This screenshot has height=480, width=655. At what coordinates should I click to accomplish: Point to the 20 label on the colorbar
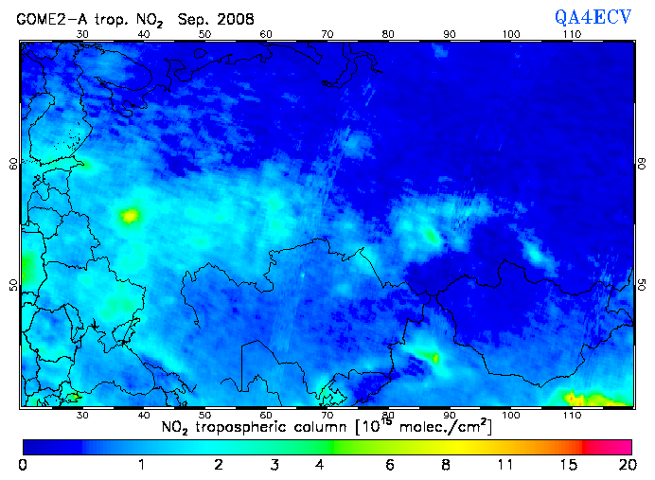tap(625, 465)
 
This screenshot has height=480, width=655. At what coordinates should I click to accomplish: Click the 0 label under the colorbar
tap(23, 465)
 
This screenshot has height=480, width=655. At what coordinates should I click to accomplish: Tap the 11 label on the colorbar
tap(506, 465)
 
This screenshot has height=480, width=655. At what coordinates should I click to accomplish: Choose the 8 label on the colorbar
tap(446, 465)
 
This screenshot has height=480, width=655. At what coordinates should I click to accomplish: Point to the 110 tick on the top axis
tap(572, 34)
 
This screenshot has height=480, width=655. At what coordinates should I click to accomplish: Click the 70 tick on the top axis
tap(327, 34)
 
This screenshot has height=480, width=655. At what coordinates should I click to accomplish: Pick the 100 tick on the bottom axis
tap(510, 414)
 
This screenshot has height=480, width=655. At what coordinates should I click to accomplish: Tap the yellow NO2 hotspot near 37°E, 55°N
tap(129, 216)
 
